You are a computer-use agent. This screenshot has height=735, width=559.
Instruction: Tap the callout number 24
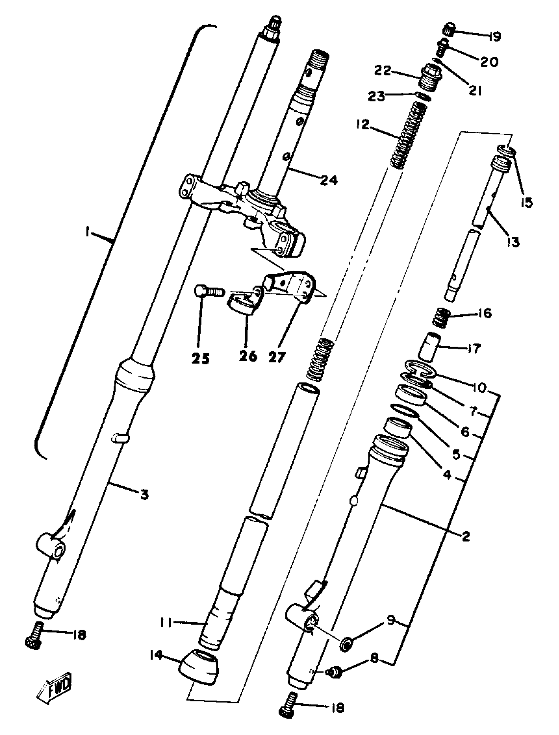[329, 180]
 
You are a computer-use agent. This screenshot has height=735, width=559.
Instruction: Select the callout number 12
[362, 125]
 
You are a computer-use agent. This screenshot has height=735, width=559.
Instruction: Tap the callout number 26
[248, 356]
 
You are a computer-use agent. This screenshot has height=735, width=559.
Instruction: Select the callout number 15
[526, 202]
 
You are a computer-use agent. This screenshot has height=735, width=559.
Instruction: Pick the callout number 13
[513, 242]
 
